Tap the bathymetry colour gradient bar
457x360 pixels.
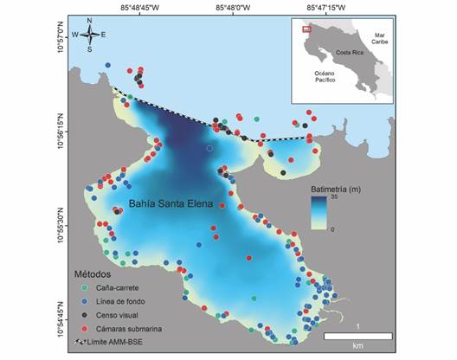(319, 213)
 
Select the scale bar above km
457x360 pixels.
(358, 336)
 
